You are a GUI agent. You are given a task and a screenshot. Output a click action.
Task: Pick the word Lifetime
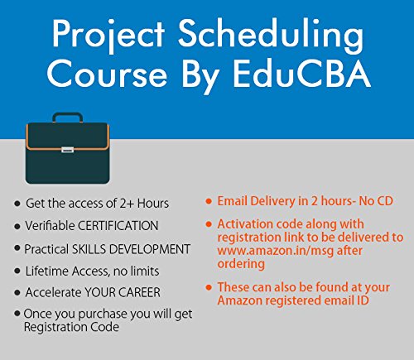[48, 271]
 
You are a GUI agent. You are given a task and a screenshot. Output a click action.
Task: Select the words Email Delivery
[257, 201]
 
